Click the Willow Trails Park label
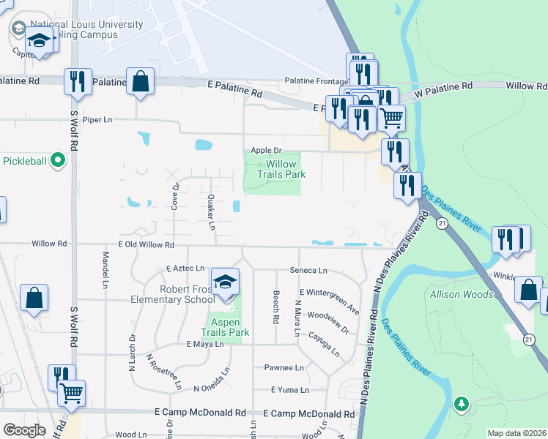pos(281,170)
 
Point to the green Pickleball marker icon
pos(59,161)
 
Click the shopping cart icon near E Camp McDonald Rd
pos(71,393)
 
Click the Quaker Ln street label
pos(211,211)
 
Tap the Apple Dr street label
pos(266,150)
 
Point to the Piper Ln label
pos(97,119)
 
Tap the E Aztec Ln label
pos(185,270)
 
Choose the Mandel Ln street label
pos(105,269)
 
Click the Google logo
pos(24,430)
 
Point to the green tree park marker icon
pos(461,403)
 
